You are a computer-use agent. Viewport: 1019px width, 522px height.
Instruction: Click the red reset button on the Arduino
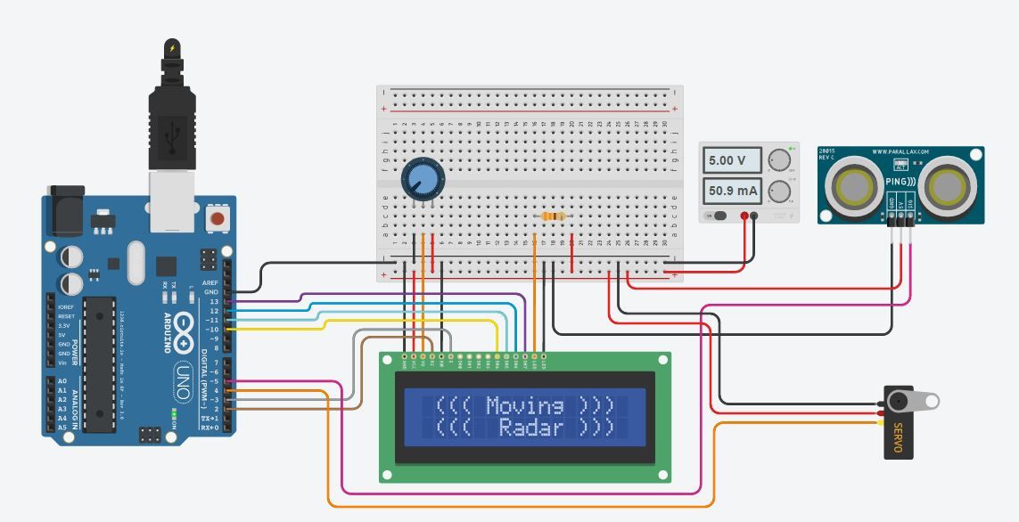[216, 217]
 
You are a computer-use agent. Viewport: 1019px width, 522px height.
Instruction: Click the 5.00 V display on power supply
[733, 161]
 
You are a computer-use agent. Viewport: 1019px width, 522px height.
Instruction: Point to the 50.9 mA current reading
[733, 191]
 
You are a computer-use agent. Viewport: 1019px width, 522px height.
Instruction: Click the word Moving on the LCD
[525, 406]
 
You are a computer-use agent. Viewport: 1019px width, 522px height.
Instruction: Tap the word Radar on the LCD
[531, 428]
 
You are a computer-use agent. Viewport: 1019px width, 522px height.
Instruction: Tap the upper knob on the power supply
[780, 160]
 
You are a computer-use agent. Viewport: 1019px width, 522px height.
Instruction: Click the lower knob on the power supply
[780, 191]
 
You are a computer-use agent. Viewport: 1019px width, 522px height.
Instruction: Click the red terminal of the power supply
[744, 216]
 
